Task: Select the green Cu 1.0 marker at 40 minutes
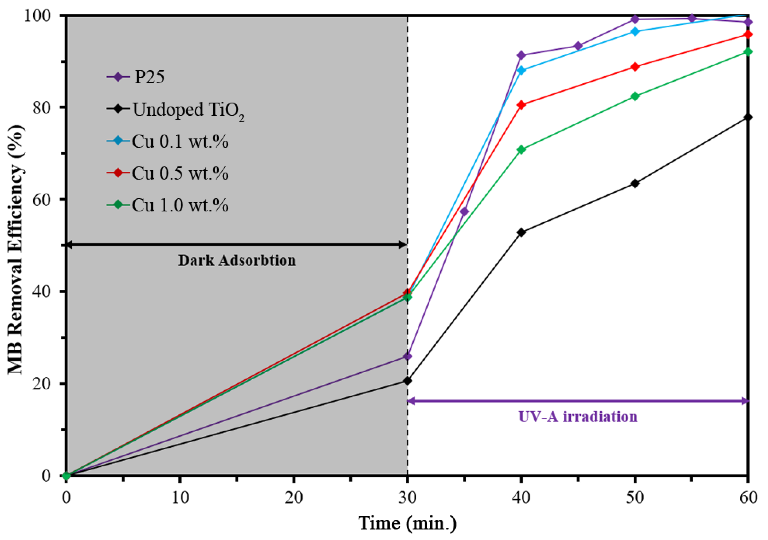pos(521,149)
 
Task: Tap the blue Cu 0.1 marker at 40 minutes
pos(521,70)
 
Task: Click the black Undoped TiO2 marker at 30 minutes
pos(407,381)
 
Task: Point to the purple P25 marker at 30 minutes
pos(407,356)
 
